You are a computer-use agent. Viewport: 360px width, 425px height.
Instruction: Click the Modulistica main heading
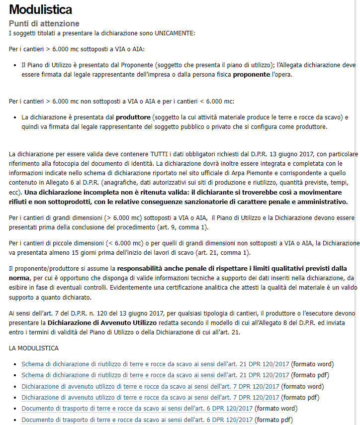click(x=40, y=9)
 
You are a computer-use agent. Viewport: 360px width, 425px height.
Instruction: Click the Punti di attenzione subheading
click(x=44, y=23)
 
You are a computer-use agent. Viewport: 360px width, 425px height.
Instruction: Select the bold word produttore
click(x=133, y=118)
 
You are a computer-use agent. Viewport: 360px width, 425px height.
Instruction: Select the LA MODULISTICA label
click(x=33, y=348)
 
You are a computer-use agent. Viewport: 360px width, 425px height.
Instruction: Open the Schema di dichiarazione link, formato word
click(x=155, y=364)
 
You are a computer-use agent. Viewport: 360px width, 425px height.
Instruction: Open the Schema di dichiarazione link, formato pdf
click(x=155, y=375)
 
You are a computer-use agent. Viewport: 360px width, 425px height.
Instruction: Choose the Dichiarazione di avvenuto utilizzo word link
click(x=150, y=386)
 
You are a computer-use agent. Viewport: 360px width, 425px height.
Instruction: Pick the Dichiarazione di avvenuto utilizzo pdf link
click(x=150, y=397)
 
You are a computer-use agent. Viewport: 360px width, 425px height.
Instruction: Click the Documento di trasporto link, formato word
click(x=137, y=409)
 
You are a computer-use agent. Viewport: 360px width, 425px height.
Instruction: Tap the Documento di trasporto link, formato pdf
click(x=137, y=420)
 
